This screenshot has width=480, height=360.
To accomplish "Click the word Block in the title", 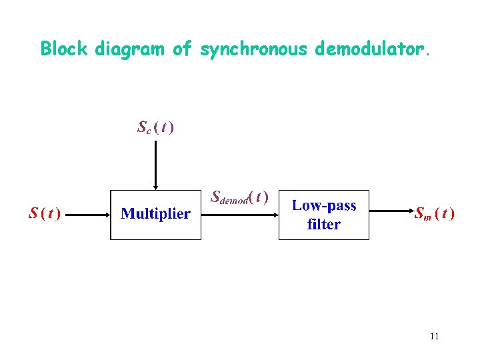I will (x=65, y=49).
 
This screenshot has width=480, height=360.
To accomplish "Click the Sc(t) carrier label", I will (x=155, y=127).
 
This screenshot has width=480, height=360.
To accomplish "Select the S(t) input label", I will (x=45, y=214).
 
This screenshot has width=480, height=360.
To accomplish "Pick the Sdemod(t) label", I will (x=239, y=197).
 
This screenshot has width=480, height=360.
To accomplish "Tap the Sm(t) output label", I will (x=435, y=214).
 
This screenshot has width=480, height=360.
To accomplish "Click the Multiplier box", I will (x=155, y=214).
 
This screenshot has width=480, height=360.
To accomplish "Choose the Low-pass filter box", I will (x=324, y=214).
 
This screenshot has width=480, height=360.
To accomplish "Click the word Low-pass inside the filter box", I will (x=324, y=205).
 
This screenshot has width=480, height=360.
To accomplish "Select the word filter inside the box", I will (x=324, y=225).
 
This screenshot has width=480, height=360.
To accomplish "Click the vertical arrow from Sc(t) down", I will (x=155, y=163).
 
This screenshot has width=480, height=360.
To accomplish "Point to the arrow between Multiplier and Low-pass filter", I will (x=240, y=215).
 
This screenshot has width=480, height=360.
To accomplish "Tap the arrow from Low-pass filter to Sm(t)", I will (x=389, y=215).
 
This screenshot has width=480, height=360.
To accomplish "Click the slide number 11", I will (x=435, y=336).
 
